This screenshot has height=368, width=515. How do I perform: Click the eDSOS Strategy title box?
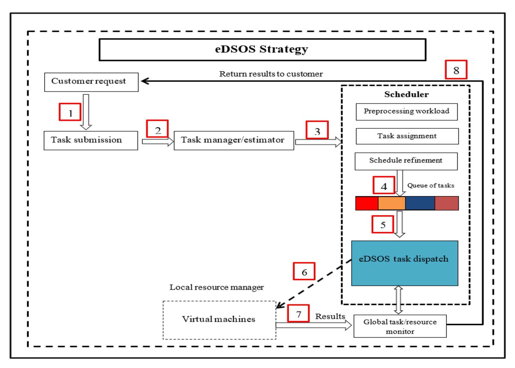click(x=262, y=50)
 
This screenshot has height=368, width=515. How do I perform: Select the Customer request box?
click(x=91, y=81)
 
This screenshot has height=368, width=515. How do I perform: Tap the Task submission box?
click(x=91, y=140)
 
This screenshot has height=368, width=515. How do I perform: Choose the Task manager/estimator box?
click(x=234, y=140)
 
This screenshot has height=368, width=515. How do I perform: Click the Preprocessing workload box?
click(x=406, y=111)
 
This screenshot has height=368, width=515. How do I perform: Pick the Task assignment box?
click(x=406, y=136)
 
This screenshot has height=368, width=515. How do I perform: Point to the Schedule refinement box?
click(x=406, y=161)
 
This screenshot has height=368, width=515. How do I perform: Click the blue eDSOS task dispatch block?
click(x=405, y=263)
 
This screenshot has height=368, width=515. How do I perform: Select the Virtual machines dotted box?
click(x=219, y=320)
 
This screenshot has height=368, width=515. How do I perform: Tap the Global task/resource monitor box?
click(x=400, y=326)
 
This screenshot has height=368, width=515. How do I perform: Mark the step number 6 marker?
click(x=304, y=272)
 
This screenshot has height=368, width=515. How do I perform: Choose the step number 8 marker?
click(x=456, y=71)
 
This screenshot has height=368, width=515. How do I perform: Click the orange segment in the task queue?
click(x=391, y=203)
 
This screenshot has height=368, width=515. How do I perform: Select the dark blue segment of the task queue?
click(x=420, y=203)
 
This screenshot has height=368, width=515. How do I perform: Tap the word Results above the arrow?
click(x=330, y=317)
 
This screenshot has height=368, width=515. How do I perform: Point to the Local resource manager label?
click(x=217, y=287)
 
